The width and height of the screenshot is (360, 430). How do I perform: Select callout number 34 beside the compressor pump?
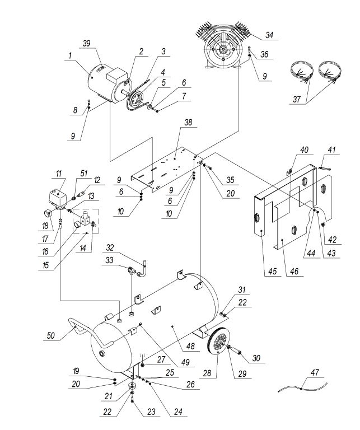click(x=270, y=35)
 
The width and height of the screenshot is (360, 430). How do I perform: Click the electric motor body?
click(x=104, y=84)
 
